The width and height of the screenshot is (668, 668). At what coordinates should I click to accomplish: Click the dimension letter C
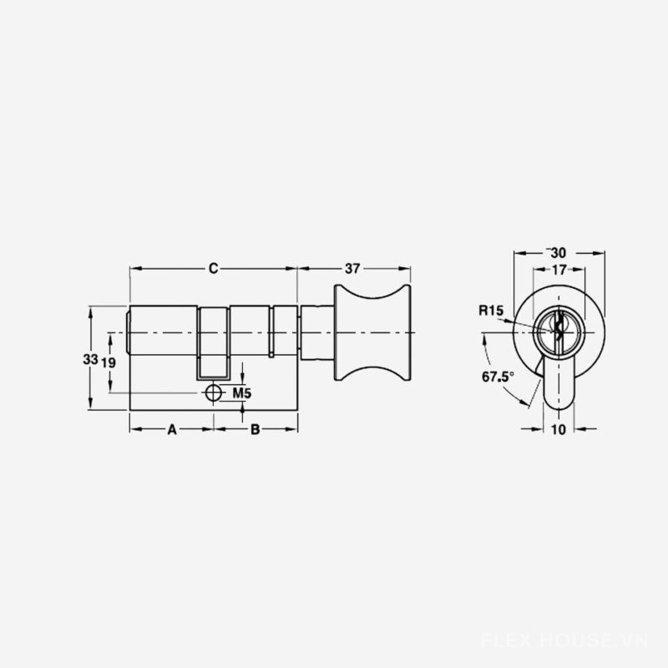click(214, 268)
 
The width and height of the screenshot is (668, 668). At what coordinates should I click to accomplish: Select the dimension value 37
click(352, 268)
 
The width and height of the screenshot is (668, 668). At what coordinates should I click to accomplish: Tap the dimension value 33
click(90, 360)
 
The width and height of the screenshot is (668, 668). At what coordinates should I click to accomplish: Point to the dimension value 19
click(109, 362)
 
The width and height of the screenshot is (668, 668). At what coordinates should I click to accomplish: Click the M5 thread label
click(241, 393)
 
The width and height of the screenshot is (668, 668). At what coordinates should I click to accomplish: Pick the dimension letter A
click(172, 429)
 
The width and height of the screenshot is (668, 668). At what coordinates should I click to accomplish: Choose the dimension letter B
click(255, 429)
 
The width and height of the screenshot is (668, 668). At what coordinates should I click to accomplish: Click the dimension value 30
click(558, 253)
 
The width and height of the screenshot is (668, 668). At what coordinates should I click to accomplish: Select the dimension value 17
click(559, 269)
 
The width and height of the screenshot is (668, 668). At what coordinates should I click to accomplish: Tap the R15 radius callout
click(491, 310)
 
